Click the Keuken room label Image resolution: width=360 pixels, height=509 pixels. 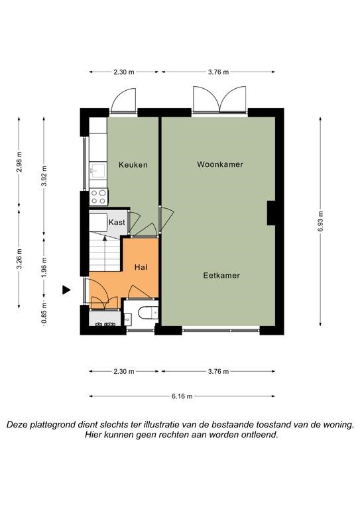(x=133, y=165)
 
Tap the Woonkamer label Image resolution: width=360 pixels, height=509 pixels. (x=220, y=164)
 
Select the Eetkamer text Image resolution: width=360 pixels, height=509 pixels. (x=221, y=276)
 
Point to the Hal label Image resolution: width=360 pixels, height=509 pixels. (x=141, y=267)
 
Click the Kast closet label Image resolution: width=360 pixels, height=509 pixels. (x=117, y=223)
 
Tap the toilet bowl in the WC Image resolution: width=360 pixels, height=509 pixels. (x=148, y=313)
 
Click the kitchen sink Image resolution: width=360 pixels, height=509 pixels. (x=97, y=170)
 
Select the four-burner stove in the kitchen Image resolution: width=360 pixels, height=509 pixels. (x=98, y=197)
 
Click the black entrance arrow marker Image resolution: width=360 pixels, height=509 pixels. (x=66, y=290)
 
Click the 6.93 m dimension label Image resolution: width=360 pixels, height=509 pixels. (x=320, y=221)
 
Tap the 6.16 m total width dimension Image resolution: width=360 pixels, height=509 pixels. (x=182, y=396)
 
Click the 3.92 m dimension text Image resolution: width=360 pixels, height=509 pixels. (x=44, y=176)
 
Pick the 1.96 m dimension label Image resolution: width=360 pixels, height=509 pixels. (x=44, y=268)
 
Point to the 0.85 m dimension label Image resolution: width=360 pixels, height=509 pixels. (x=44, y=313)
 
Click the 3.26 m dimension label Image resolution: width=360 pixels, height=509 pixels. (x=19, y=258)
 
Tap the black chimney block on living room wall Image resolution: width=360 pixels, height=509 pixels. (x=271, y=213)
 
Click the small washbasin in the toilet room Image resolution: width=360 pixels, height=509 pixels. (x=127, y=319)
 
